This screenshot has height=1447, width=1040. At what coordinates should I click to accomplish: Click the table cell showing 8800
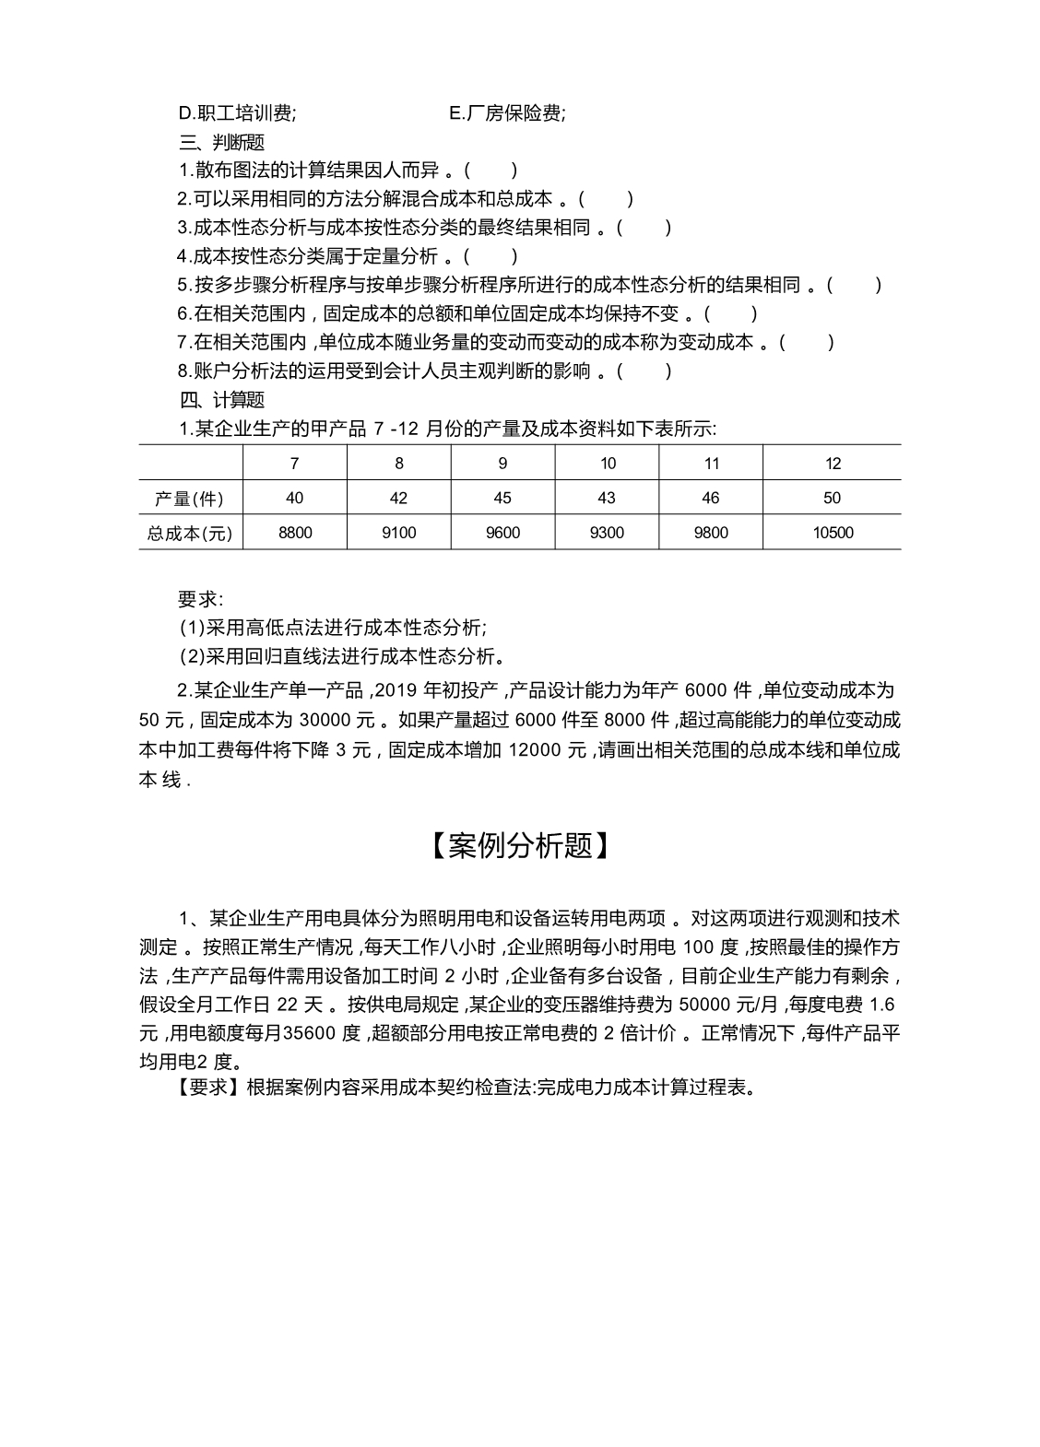click(295, 533)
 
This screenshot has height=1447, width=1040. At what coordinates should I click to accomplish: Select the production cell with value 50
click(832, 498)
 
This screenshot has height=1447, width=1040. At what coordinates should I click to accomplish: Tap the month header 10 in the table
click(608, 464)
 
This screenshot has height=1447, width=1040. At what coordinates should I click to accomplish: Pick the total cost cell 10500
click(832, 533)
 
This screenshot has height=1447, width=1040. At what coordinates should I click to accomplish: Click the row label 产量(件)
click(189, 499)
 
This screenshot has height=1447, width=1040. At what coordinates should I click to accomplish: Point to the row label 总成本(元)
click(190, 533)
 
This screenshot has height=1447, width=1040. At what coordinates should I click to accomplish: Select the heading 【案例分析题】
click(519, 846)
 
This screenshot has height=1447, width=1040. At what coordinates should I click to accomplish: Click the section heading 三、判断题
click(221, 142)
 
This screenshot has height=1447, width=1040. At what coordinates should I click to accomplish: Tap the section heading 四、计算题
click(221, 400)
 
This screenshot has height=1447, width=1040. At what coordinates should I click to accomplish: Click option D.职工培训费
click(237, 113)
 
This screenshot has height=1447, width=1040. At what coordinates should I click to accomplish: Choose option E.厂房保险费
click(507, 113)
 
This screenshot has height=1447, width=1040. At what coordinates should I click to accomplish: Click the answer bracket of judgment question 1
click(490, 171)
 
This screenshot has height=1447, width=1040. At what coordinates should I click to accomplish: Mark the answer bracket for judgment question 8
click(644, 371)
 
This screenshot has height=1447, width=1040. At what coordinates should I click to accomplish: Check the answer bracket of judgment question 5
click(854, 286)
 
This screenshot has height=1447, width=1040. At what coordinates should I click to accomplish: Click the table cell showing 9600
click(502, 533)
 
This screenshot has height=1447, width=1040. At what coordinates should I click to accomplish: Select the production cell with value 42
click(398, 498)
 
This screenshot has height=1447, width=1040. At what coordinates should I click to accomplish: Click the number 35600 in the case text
click(311, 1033)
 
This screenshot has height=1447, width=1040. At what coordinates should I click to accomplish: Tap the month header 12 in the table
click(832, 464)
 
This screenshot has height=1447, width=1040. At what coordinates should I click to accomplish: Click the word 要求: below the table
click(200, 599)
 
